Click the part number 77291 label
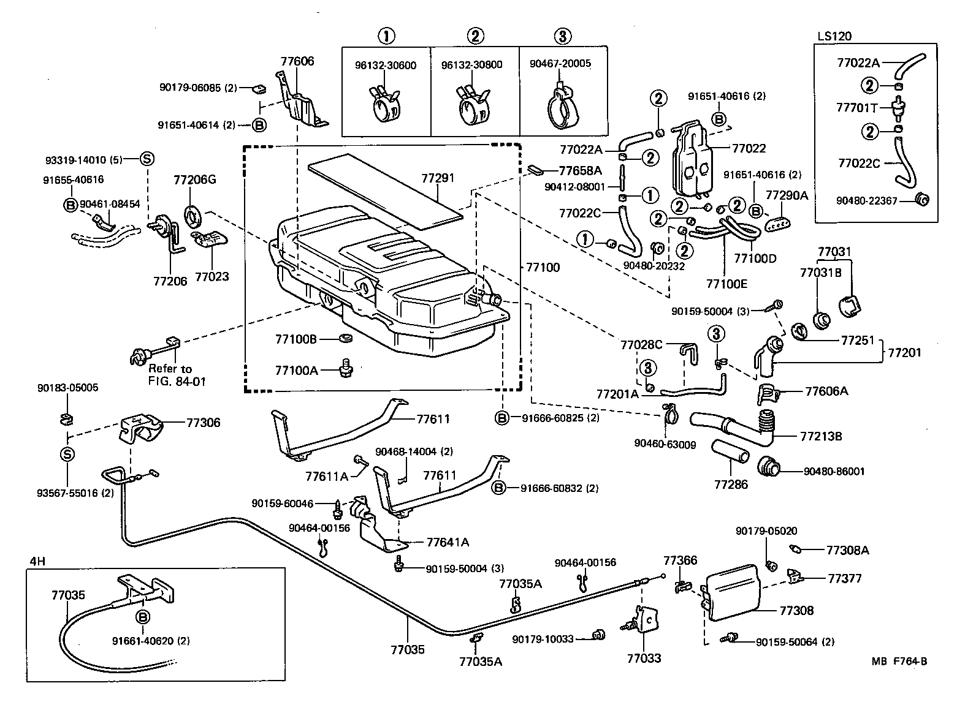[438, 178]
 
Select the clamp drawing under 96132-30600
[384, 105]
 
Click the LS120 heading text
[834, 36]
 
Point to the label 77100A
[296, 370]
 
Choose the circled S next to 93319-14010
[147, 159]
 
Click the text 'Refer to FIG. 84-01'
[177, 375]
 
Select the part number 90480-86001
[834, 472]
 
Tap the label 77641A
[448, 542]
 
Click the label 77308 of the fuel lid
[796, 610]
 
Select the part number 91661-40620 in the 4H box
[151, 641]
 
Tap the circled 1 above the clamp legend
[386, 36]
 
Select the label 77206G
[194, 180]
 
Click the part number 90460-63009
[665, 445]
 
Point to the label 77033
[644, 659]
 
